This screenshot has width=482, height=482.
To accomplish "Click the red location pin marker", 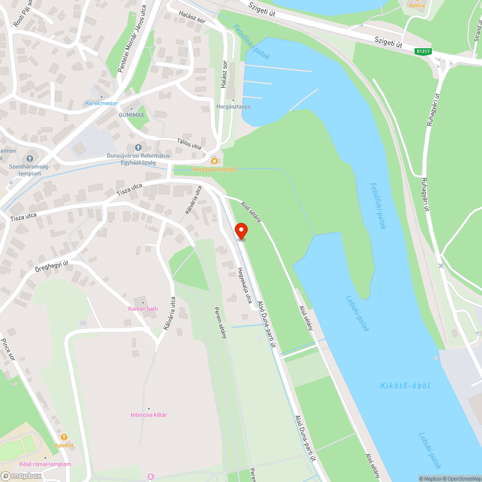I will coord(241,231).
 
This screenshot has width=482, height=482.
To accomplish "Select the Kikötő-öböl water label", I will coord(405,386).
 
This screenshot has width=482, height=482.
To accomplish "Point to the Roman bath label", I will coord(143,308).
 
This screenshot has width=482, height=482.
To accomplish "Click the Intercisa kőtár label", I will coord(148,415).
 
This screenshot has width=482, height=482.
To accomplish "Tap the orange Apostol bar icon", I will coord(64,437).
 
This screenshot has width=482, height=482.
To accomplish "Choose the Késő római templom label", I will coord(45,464).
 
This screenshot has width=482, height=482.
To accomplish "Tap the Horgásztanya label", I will coord(233,107).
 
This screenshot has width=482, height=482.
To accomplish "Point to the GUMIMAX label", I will coord(132,115).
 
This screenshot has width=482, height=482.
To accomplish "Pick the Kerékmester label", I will coord(101,103).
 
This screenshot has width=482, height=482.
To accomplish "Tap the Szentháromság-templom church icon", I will coord(29,158).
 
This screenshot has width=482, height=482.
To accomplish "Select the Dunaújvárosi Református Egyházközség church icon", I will coord(137,147).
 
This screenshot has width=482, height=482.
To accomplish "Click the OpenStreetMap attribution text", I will coord(462,479).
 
